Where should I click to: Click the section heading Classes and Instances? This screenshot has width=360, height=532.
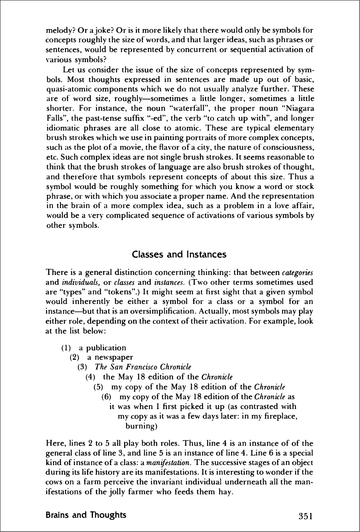click(x=179, y=254)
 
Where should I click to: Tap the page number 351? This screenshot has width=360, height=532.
click(x=306, y=516)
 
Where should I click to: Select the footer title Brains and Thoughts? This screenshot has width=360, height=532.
click(x=86, y=515)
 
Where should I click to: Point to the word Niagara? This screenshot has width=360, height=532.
click(x=297, y=109)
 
